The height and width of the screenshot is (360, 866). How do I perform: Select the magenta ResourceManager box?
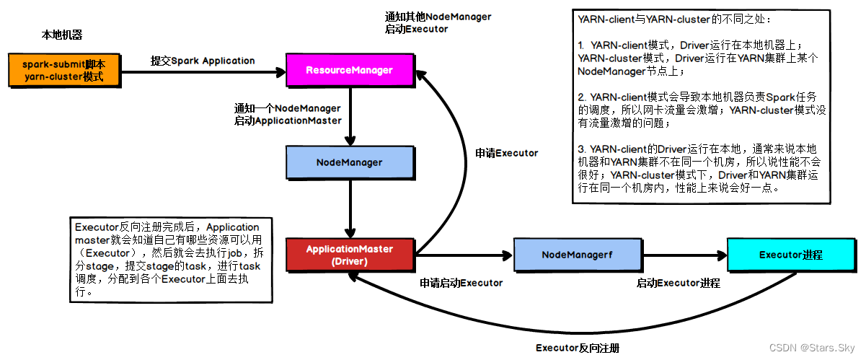tap(350, 70)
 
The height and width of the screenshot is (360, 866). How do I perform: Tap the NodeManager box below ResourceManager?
tap(350, 162)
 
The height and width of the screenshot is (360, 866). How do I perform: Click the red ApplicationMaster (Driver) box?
tap(350, 254)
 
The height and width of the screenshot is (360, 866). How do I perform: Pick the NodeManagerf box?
tap(577, 255)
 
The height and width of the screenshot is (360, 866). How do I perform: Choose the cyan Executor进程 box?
tap(791, 255)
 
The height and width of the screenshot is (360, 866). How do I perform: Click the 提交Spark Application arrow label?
tap(203, 61)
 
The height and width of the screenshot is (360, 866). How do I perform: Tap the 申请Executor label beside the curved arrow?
tap(507, 153)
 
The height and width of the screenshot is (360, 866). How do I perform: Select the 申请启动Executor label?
tap(461, 283)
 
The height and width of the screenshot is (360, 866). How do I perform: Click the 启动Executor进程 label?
tap(678, 283)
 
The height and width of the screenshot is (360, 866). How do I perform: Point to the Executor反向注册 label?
tap(578, 348)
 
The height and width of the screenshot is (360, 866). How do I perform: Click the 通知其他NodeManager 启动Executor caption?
tap(438, 23)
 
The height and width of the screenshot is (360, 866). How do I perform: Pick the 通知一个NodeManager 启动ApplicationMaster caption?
tap(287, 115)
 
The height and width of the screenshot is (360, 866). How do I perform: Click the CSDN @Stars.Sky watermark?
tap(814, 348)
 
